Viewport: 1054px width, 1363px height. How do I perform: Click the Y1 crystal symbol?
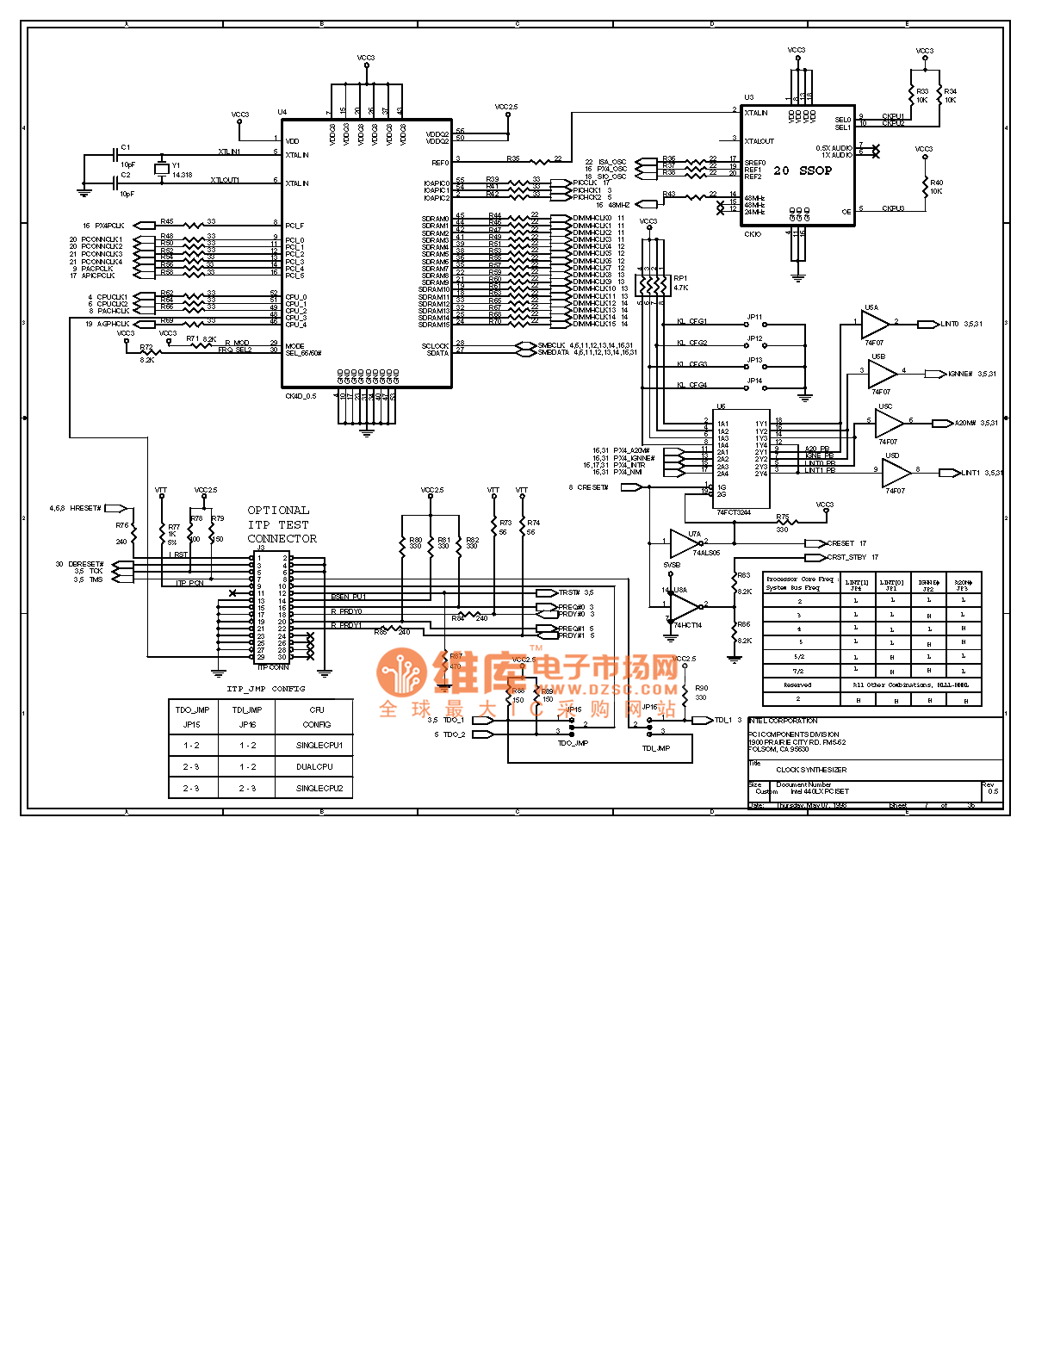coord(161,168)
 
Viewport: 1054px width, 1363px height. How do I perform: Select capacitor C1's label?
coord(126,147)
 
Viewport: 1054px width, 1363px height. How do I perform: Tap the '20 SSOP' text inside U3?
coord(803,170)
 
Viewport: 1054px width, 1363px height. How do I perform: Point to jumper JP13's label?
coord(754,360)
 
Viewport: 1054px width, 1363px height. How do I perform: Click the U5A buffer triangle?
coord(875,324)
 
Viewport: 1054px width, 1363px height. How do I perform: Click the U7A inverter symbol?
coord(685,542)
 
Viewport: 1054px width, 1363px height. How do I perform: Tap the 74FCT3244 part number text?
coord(734,512)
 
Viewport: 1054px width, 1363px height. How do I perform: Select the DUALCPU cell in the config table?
coord(314,766)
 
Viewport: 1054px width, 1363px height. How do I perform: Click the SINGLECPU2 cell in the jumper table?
coord(319,788)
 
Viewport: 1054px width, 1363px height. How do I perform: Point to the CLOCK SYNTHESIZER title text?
coord(811,770)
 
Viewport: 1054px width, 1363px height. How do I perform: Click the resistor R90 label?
coord(702,688)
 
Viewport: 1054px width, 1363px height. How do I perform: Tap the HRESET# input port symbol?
coord(115,508)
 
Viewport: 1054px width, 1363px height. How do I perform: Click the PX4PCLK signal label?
coord(109,226)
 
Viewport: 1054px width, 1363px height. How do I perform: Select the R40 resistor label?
coord(936,183)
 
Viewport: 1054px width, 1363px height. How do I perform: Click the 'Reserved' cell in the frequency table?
coord(798,685)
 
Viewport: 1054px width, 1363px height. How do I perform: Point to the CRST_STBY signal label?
coord(846,557)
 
